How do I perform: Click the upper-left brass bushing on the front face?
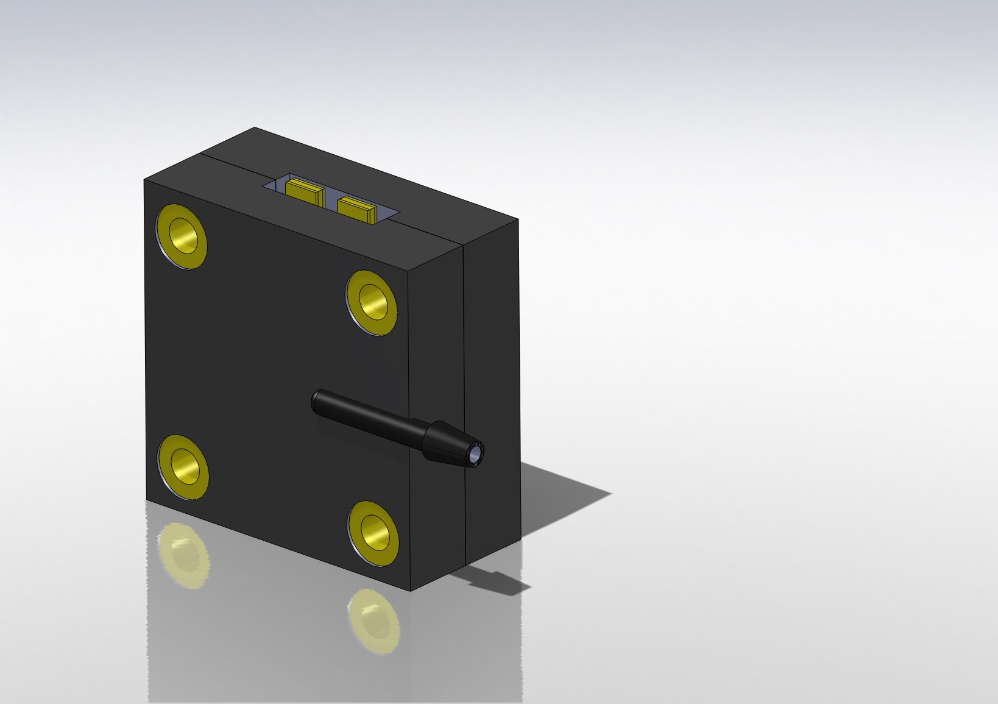(x=182, y=236)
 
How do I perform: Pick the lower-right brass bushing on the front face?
(x=373, y=532)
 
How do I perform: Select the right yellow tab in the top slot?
(x=356, y=210)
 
